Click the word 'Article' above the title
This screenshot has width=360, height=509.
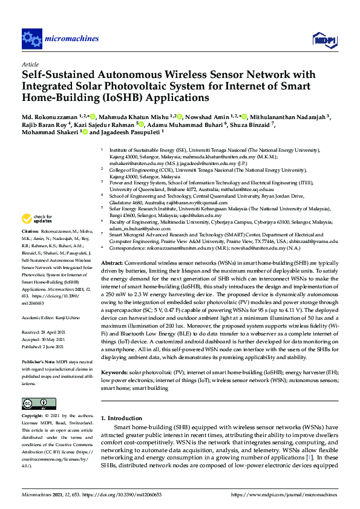coord(30,64)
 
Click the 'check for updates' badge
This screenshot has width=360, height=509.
coord(37,219)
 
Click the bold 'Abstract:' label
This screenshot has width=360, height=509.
coord(111,264)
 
